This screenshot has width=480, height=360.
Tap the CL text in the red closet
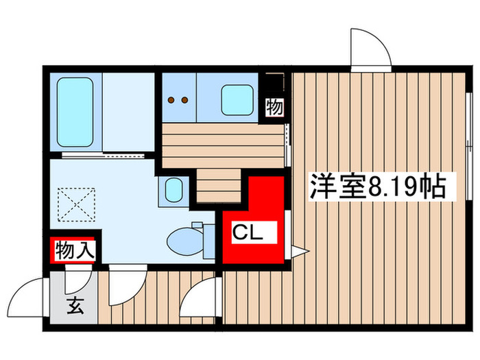246,233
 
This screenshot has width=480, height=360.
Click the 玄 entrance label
73,307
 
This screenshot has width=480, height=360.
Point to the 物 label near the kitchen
274,107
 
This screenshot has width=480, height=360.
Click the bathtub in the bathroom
75,112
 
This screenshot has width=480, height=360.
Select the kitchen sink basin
237,100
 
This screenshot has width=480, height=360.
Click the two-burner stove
179,100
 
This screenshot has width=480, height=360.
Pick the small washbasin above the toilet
172,189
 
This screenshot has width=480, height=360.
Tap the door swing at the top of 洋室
369,49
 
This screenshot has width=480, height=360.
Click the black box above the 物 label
274,84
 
